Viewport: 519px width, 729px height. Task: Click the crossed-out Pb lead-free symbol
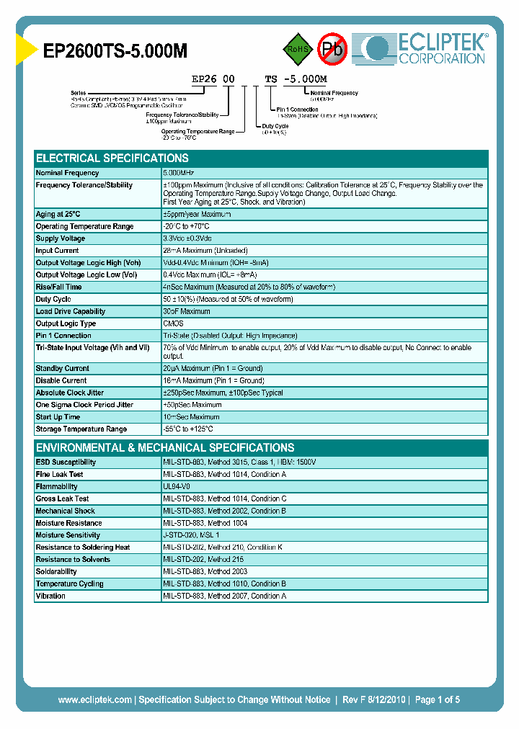[333, 50]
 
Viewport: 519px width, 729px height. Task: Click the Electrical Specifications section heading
[112, 158]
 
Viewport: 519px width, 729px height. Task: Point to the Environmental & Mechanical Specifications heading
[165, 447]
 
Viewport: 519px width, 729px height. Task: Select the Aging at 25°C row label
[58, 215]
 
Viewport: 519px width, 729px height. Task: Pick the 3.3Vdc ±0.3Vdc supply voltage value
[187, 238]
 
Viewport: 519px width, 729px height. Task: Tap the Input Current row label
[58, 251]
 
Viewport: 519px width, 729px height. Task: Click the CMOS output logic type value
[173, 324]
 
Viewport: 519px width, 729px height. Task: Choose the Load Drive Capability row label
[71, 312]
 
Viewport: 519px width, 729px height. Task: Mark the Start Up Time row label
[58, 417]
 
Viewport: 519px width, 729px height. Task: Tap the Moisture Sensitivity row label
[68, 535]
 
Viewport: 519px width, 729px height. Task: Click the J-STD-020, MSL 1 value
[191, 535]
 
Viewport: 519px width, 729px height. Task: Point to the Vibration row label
[50, 596]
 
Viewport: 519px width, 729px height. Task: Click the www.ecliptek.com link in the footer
[94, 699]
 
